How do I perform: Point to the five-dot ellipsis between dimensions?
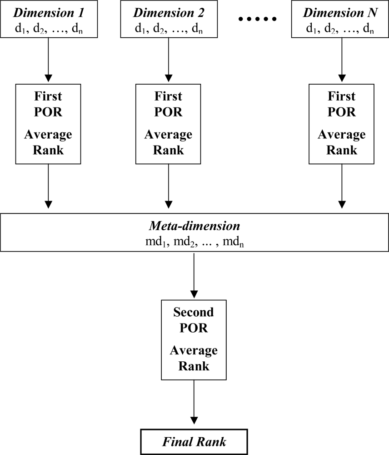258,19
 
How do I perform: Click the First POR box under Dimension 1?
49,123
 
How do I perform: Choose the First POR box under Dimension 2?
169,123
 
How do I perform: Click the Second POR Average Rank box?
194,339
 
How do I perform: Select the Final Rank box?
194,441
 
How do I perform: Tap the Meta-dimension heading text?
194,227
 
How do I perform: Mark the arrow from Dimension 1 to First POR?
49,59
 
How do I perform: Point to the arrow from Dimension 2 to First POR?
169,59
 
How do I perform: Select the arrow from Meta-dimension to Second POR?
194,275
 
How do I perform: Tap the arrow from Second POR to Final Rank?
194,403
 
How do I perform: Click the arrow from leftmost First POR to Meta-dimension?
49,187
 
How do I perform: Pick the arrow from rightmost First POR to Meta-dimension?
340,187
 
